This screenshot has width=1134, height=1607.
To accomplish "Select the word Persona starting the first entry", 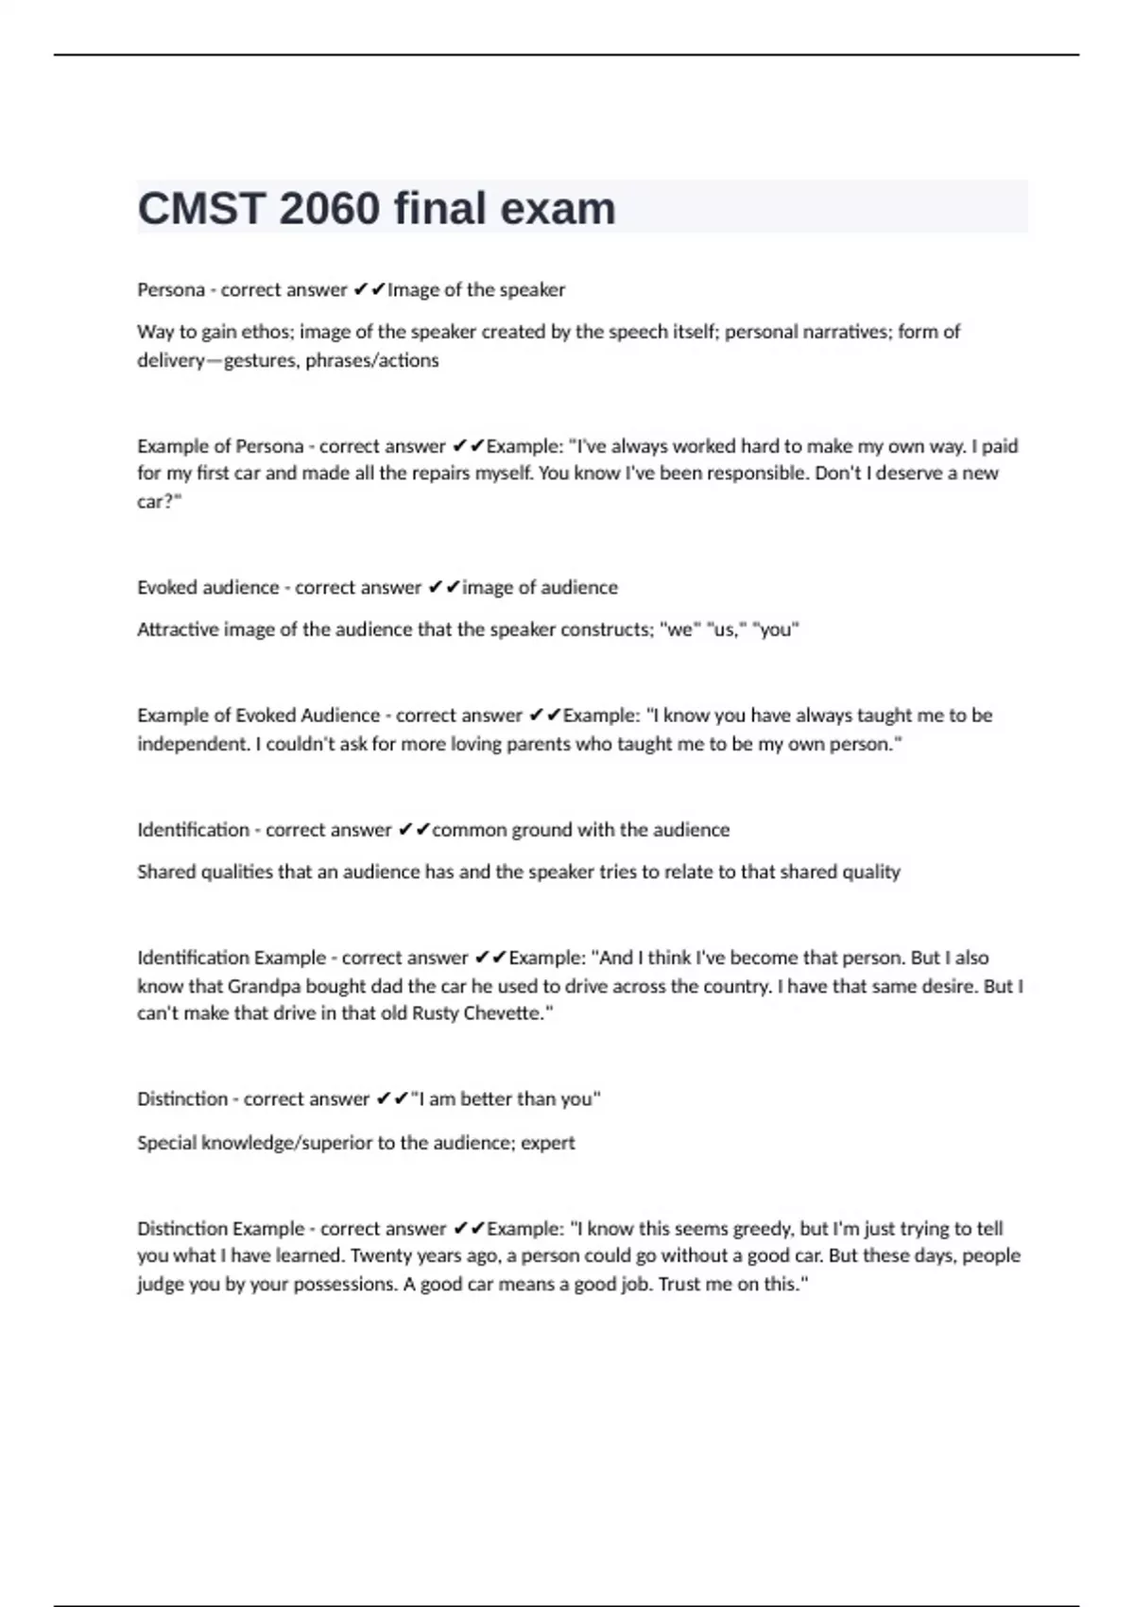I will pos(171,290).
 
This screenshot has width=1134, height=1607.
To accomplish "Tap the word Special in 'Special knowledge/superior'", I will pos(167,1143).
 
